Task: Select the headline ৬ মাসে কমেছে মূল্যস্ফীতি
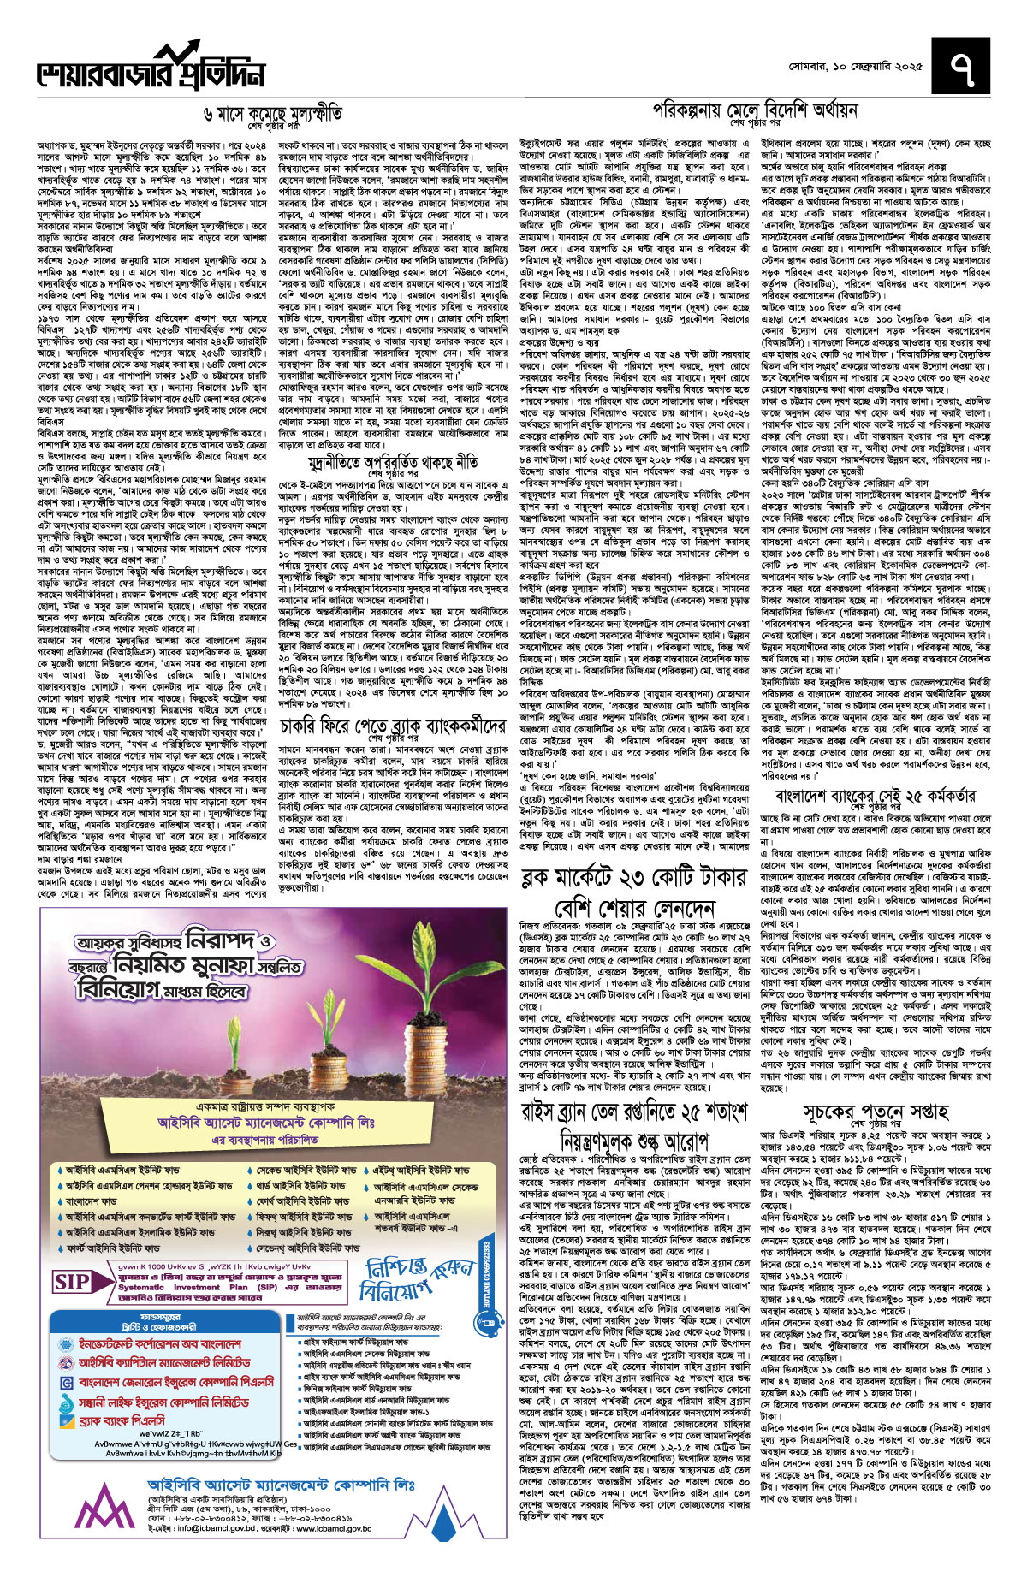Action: tap(273, 113)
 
